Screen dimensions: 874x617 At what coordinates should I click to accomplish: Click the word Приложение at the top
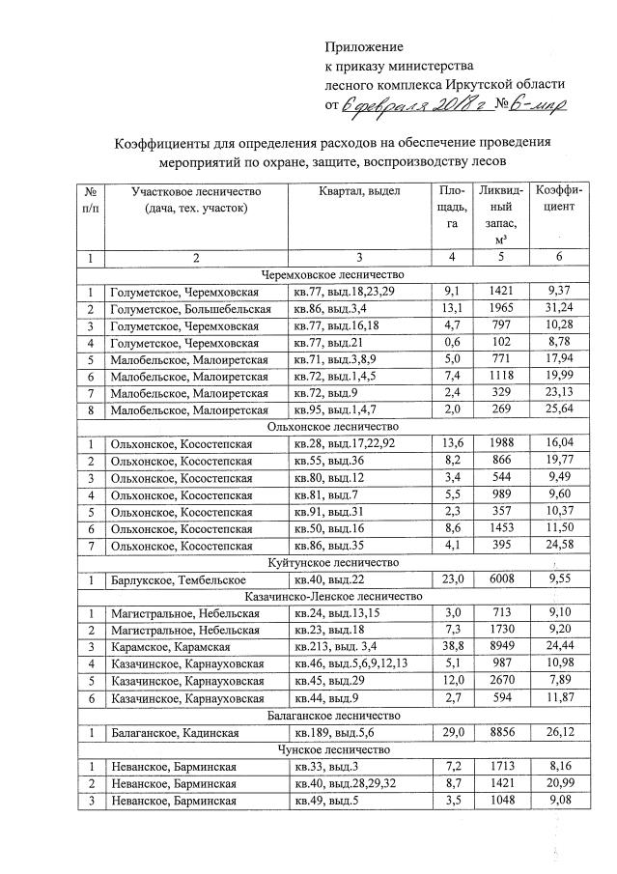pyautogui.click(x=364, y=46)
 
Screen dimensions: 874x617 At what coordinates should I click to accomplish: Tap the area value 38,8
pyautogui.click(x=452, y=647)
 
